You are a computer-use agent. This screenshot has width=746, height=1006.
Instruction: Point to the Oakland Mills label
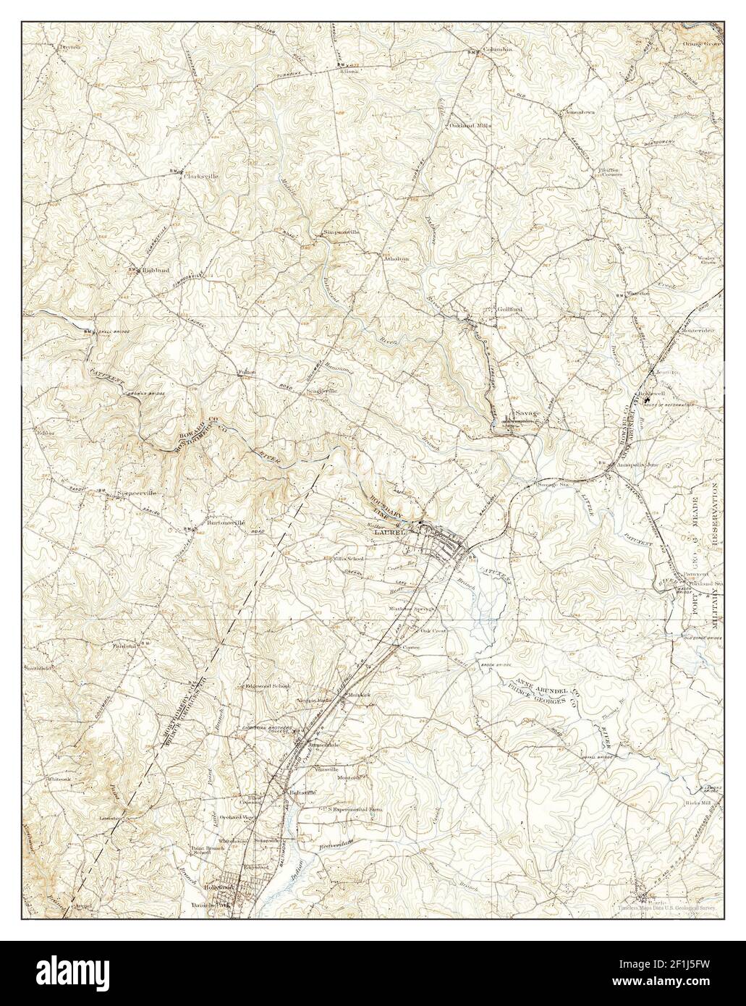click(x=470, y=125)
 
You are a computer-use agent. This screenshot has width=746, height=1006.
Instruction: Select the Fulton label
click(x=247, y=373)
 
